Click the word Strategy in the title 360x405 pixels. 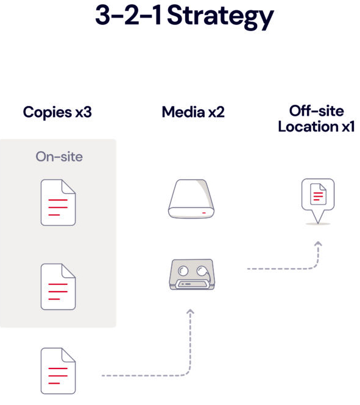[x=221, y=16]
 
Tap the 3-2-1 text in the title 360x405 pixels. [x=129, y=15]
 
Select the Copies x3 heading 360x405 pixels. [x=57, y=113]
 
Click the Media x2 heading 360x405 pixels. [x=193, y=112]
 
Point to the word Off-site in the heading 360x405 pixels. [x=317, y=111]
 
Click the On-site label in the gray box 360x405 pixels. [x=59, y=157]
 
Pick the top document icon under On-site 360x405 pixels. [x=58, y=202]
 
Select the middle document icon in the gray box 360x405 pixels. [x=58, y=287]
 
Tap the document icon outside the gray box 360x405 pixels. [x=58, y=371]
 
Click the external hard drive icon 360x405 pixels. [x=191, y=199]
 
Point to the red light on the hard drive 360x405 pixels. [x=204, y=213]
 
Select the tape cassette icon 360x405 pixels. [x=192, y=275]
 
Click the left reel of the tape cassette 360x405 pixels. [x=183, y=270]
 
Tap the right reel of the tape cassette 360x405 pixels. [x=202, y=270]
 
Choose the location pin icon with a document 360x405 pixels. [x=318, y=201]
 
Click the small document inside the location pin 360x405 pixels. [x=318, y=194]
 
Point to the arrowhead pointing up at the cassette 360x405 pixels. [x=190, y=311]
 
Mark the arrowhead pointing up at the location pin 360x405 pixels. [x=318, y=244]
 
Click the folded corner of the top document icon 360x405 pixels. [x=69, y=186]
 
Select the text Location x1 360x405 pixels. [x=316, y=127]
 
